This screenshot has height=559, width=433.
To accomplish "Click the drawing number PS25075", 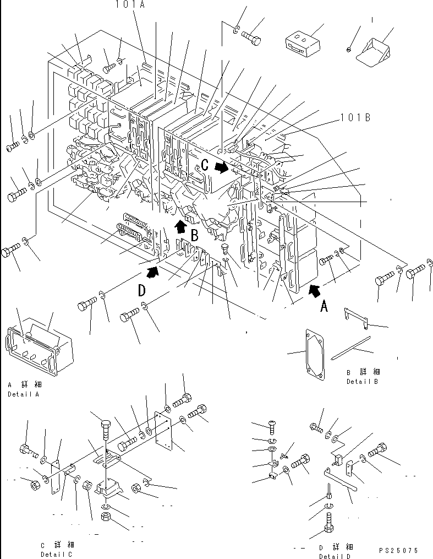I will point(398,550).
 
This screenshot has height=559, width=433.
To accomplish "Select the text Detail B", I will point(361,381).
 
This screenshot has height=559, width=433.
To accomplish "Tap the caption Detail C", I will point(56,554).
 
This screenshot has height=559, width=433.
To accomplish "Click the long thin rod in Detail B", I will point(352,349).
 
